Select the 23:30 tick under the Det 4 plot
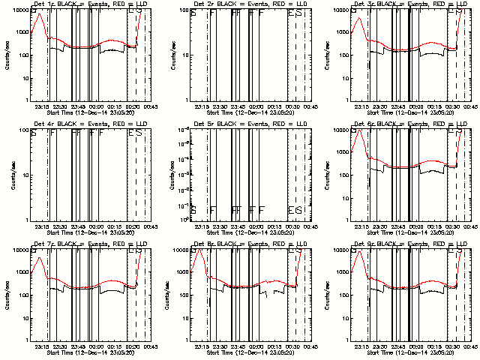[x=59, y=226]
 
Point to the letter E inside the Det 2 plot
[x=289, y=13]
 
